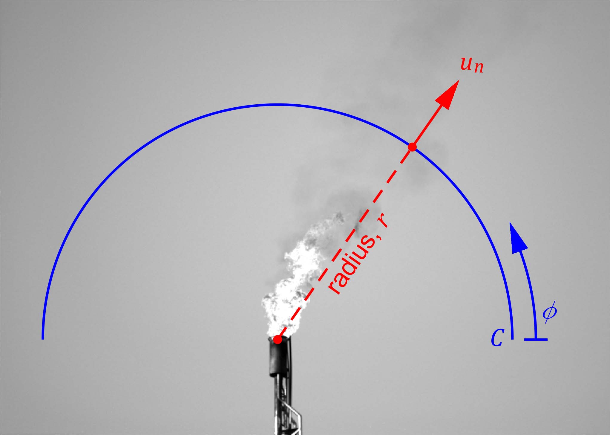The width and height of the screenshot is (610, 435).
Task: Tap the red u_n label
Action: point(471,65)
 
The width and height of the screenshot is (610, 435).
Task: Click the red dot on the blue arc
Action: point(412,147)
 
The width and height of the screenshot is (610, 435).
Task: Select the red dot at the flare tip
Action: point(278,340)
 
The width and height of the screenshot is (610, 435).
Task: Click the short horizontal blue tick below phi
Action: point(536,339)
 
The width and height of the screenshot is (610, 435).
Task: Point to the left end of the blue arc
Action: point(43,338)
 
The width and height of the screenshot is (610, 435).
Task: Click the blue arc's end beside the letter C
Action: point(512,338)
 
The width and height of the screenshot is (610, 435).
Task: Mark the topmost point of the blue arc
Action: point(278,105)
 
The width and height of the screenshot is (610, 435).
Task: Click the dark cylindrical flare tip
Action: point(280,357)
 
